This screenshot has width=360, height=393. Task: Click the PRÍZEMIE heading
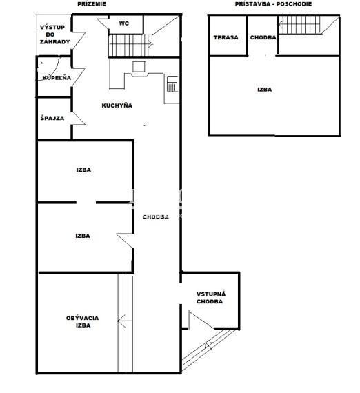point(92,3)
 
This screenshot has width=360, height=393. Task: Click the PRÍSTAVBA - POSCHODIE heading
point(273,3)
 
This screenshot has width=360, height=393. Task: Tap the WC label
point(124,23)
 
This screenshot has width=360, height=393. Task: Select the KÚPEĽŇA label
point(57,78)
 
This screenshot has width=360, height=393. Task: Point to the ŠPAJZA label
point(52,118)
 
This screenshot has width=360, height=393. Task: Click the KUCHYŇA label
point(117,105)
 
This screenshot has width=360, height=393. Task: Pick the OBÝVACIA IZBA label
point(83,321)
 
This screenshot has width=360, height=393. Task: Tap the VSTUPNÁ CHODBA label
point(210,298)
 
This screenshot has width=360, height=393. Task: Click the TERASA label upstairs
point(226,37)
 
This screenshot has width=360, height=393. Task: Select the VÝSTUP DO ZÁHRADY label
point(55,34)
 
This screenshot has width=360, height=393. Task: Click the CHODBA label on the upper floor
point(263,37)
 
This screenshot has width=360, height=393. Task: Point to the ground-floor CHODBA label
point(156,216)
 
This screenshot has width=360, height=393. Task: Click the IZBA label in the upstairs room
point(265,90)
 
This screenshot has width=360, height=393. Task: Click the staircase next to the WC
point(130,45)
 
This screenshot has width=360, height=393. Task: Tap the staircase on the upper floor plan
point(300,25)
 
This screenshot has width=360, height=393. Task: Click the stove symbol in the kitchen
point(172,84)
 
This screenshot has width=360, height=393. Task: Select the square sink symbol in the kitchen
point(139,67)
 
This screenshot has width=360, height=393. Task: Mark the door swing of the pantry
point(79,119)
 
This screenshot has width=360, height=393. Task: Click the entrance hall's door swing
point(201,320)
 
